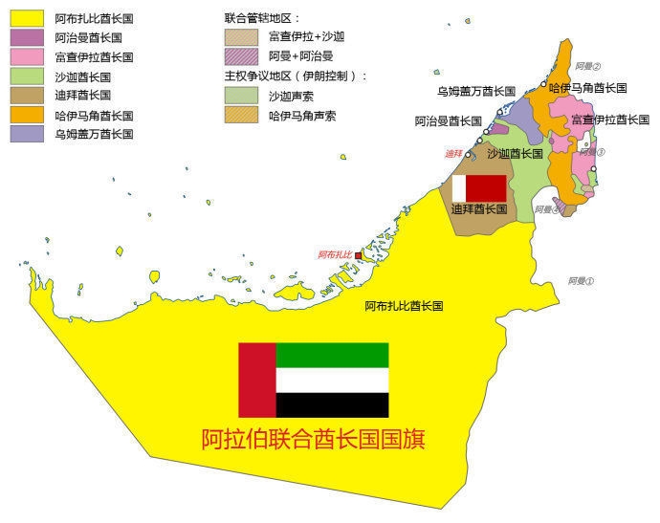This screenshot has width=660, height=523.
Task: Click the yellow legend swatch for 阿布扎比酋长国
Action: point(26,18)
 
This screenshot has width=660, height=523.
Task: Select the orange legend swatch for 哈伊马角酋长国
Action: point(26,115)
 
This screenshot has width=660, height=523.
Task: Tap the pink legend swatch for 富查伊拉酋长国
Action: point(26,57)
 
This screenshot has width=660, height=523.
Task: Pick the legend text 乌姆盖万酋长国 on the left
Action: point(95,135)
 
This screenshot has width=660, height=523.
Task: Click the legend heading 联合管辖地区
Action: point(262,18)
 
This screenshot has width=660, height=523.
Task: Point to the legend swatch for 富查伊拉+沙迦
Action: point(240,37)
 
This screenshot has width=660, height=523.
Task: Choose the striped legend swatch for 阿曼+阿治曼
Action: point(240,56)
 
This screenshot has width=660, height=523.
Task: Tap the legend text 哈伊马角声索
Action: point(302,116)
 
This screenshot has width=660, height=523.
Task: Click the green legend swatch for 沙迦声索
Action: point(240,96)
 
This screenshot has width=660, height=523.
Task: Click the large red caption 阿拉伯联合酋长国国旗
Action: point(313,439)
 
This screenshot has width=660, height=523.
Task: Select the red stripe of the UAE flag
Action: point(256,380)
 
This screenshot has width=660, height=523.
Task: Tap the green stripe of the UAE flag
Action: point(332,355)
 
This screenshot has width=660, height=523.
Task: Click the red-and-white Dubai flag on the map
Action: point(479,187)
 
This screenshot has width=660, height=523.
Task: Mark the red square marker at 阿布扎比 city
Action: point(359,256)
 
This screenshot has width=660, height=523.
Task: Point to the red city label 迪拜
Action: point(453,154)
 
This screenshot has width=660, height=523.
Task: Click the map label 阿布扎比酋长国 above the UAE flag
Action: point(404,307)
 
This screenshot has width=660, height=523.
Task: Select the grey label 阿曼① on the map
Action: point(581,281)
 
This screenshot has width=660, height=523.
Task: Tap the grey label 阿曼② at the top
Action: point(588,66)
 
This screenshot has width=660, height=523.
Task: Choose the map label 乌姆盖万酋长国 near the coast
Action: point(476,91)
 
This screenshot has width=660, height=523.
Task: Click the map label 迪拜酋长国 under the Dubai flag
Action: point(478,209)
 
